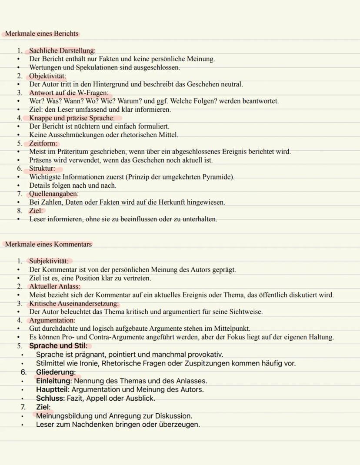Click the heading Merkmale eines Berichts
(42, 33)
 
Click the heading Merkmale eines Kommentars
(48, 244)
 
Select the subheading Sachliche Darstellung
(62, 51)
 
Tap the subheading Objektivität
(47, 76)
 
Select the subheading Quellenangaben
(53, 193)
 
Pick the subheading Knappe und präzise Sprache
(72, 118)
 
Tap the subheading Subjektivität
(49, 261)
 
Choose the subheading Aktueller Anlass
(55, 286)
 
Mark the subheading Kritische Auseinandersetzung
(74, 303)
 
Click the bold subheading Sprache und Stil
(58, 346)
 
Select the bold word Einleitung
(53, 381)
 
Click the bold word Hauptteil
(52, 389)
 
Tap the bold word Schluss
(49, 398)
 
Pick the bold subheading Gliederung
(56, 372)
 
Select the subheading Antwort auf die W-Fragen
(69, 93)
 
